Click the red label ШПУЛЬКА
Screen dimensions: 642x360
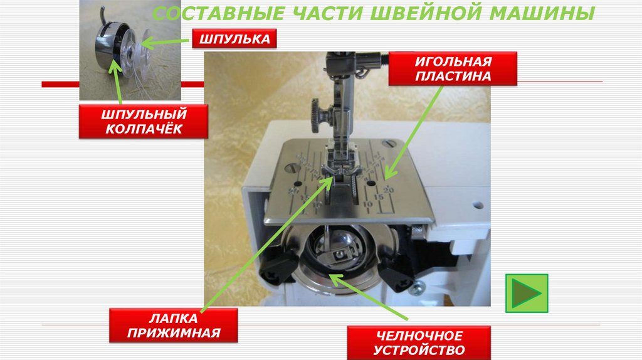pyautogui.click(x=234, y=39)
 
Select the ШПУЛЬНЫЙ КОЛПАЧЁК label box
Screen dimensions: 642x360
pyautogui.click(x=144, y=121)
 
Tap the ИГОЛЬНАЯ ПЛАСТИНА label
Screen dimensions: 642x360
pyautogui.click(x=453, y=69)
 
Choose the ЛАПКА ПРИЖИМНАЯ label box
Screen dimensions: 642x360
pyautogui.click(x=173, y=325)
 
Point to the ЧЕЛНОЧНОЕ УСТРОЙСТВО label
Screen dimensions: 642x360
pyautogui.click(x=419, y=343)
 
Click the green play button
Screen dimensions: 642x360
pyautogui.click(x=527, y=294)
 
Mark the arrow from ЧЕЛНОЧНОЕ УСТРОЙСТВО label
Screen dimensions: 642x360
pyautogui.click(x=369, y=297)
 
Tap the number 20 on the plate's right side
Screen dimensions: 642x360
pyautogui.click(x=388, y=189)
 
